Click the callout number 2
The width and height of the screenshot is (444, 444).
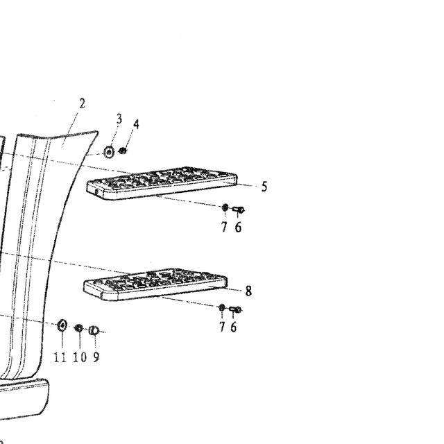82,103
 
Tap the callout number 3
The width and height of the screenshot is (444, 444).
119,119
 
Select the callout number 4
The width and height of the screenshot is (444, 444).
136,124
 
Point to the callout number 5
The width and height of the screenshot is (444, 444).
264,187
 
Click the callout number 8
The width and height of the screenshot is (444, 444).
248,291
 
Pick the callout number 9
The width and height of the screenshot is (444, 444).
96,357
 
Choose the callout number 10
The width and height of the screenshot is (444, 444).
80,357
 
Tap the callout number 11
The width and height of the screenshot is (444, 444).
60,357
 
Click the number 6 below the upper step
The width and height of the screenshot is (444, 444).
238,227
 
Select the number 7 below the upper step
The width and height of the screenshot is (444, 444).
224,227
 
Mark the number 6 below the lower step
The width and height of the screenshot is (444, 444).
233,327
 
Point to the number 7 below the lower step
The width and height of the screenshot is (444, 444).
222,327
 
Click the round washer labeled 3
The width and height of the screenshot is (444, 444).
109,152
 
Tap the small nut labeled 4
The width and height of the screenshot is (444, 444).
122,151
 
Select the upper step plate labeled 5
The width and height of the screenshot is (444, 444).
162,183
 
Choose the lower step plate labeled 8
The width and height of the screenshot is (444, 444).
155,284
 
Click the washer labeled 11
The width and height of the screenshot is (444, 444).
62,325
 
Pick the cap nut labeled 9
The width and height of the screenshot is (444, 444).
94,330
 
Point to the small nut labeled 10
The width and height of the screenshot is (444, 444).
78,328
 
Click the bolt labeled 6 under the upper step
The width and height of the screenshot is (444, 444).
239,210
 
